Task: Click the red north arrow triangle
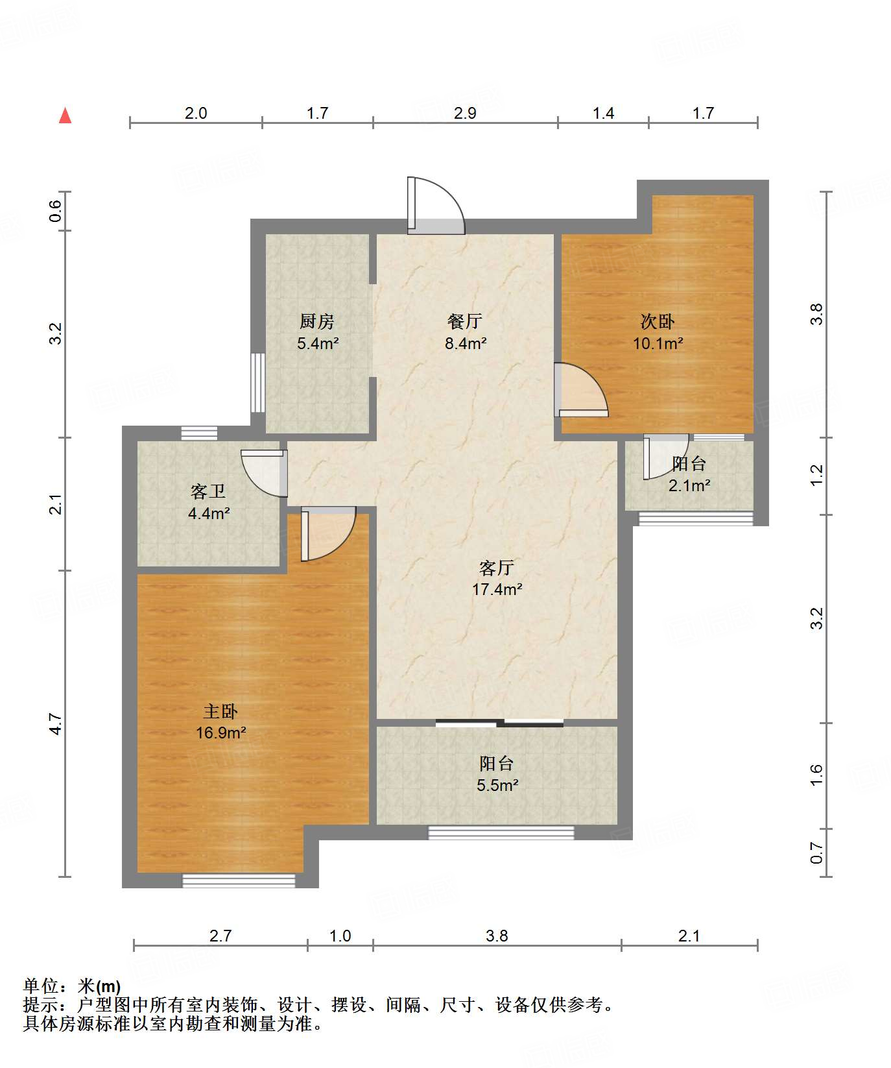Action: [65, 115]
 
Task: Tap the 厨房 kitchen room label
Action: [316, 321]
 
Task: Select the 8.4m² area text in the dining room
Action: [466, 343]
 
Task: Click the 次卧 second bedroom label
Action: [658, 321]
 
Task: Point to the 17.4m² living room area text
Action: [497, 589]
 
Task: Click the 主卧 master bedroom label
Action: [220, 711]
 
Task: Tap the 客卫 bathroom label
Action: [208, 491]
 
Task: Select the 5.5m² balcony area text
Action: [497, 785]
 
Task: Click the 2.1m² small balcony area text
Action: [689, 485]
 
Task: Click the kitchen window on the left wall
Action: [257, 382]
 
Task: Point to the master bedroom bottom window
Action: [239, 880]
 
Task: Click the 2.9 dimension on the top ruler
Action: [465, 113]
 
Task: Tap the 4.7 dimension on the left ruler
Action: [56, 723]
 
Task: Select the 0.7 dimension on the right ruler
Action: [816, 853]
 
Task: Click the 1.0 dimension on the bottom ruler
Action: [340, 936]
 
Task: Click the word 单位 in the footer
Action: [40, 986]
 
